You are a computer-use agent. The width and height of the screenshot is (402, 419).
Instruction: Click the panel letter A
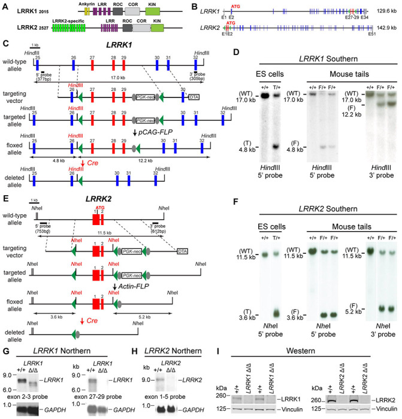pyautogui.click(x=5, y=5)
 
